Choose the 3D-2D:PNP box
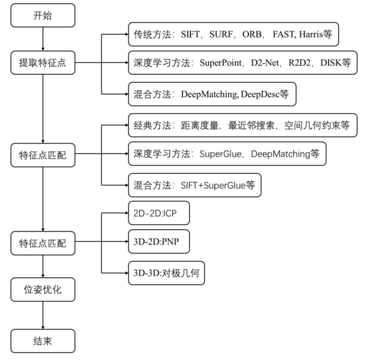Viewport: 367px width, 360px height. [x=158, y=244]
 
